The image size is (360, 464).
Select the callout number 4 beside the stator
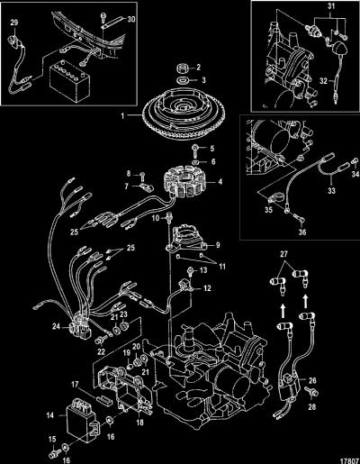[220, 182]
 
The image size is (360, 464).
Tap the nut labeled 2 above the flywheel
[183, 68]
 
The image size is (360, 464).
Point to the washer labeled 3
[182, 80]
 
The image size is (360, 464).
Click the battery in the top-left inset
[69, 81]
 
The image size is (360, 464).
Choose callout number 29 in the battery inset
[14, 23]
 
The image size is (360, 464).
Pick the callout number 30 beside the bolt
[131, 20]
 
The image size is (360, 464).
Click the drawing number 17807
[349, 459]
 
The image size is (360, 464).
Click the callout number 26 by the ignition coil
[312, 380]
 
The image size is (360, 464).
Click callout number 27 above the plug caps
[283, 254]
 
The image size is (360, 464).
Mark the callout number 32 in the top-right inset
[323, 81]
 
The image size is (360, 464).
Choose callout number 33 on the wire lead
[331, 190]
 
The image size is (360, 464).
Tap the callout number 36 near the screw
[302, 232]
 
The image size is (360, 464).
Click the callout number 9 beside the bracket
[218, 245]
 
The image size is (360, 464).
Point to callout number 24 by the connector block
[56, 326]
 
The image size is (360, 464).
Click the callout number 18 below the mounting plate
[140, 423]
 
